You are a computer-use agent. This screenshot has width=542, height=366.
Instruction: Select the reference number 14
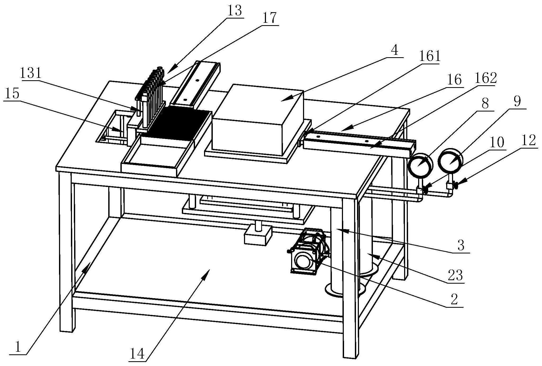[138, 354]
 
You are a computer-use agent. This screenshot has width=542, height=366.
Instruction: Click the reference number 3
[461, 246]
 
